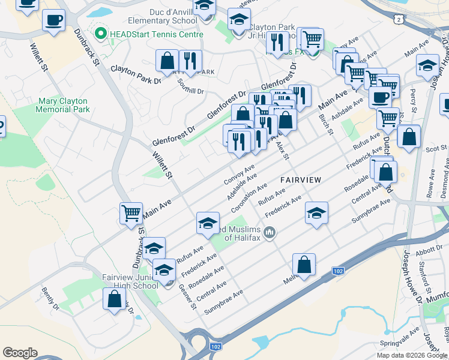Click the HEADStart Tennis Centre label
pyautogui.click(x=156, y=34)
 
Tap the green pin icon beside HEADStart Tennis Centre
pyautogui.click(x=100, y=34)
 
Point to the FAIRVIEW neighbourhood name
pyautogui.click(x=301, y=179)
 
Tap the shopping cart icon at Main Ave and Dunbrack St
pyautogui.click(x=131, y=213)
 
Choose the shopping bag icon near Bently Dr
pyautogui.click(x=114, y=299)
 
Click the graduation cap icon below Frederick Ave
pyautogui.click(x=317, y=213)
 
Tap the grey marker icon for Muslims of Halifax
pyautogui.click(x=270, y=232)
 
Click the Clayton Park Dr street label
pyautogui.click(x=136, y=74)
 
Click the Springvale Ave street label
pyautogui.click(x=400, y=337)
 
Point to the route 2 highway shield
pyautogui.click(x=399, y=20)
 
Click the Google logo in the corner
pyautogui.click(x=20, y=353)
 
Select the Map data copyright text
pyautogui.click(x=412, y=355)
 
